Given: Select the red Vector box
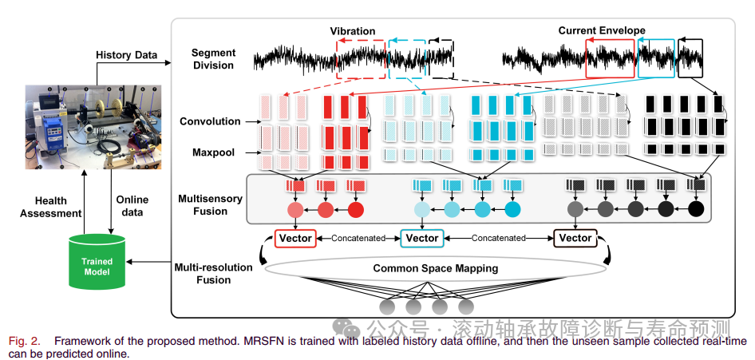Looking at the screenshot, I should coord(295,238).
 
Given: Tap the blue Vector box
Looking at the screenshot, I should coord(422,238).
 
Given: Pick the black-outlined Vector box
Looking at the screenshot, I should coord(575,238).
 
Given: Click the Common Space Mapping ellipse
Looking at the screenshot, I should coord(436,269).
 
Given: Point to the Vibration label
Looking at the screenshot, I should coord(353,31).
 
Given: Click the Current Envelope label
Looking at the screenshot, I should coord(602,31).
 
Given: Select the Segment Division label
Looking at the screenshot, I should coord(213,59).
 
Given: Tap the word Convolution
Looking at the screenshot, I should coord(210,121).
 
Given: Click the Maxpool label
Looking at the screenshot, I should coord(213,152).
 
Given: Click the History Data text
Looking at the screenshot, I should coord(126,54).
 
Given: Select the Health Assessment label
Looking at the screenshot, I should coord(57,207).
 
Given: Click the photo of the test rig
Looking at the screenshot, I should coord(93,127).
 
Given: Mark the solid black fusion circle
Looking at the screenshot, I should coord(696,211).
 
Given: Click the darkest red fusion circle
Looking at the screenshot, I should coord(355,211).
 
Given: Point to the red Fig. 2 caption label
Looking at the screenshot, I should coord(24,341).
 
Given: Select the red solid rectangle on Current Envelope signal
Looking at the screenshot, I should coord(611,58).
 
